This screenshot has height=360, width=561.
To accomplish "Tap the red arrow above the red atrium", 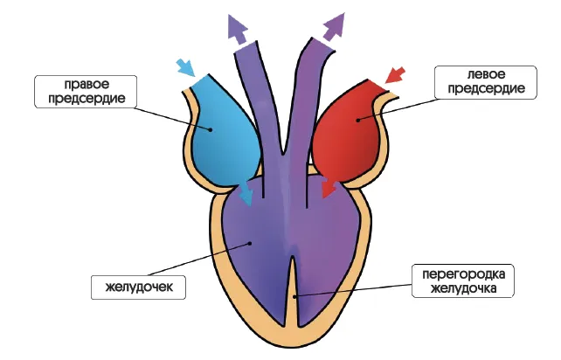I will (x=395, y=73).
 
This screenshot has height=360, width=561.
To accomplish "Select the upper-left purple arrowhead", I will (x=237, y=28).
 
